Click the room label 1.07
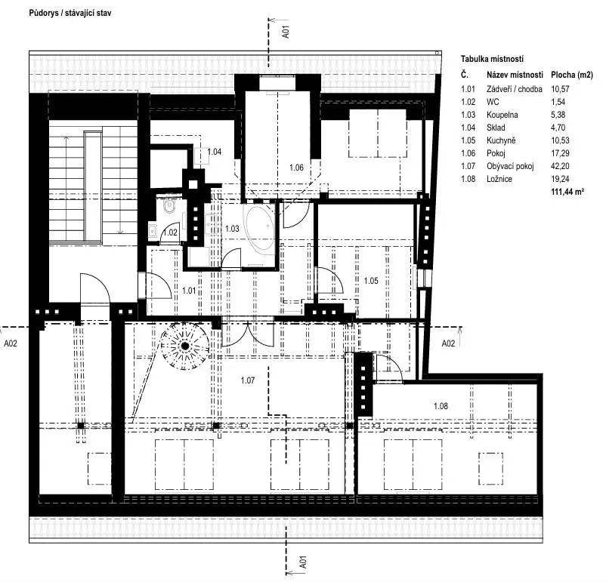(x=248, y=380)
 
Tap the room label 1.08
(x=441, y=406)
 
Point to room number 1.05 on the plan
(x=371, y=281)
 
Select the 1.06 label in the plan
(x=296, y=168)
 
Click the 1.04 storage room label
(x=215, y=152)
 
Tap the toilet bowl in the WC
(x=169, y=205)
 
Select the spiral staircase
(x=184, y=346)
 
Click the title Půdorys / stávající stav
(x=70, y=13)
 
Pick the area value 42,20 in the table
(x=560, y=166)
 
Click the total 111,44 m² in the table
(x=567, y=192)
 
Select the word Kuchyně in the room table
(x=501, y=140)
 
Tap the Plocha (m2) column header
(x=572, y=75)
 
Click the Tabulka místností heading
(x=492, y=59)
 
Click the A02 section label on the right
(x=448, y=343)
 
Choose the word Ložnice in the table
(x=499, y=179)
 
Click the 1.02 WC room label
(x=171, y=232)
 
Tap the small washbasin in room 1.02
(x=153, y=231)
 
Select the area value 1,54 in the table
(x=558, y=102)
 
